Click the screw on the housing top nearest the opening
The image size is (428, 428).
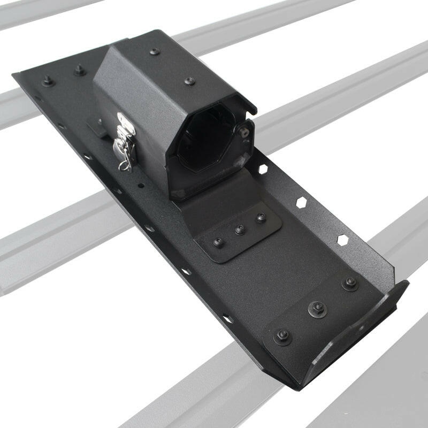189,81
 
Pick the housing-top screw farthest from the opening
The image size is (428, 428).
155,52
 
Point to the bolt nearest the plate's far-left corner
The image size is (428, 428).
48,81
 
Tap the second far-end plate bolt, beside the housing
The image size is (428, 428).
80,70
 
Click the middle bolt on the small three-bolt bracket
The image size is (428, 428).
240,230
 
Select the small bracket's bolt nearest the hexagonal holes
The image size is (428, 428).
261,218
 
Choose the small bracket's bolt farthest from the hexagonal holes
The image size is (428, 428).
218,242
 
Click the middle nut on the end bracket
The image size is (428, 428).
317,309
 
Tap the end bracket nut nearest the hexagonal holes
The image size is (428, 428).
350,282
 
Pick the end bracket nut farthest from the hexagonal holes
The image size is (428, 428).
283,336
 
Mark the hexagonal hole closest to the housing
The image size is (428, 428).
263,169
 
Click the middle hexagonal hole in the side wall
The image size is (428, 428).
302,203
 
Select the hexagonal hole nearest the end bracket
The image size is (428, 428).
342,240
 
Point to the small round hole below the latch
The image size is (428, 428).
140,186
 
